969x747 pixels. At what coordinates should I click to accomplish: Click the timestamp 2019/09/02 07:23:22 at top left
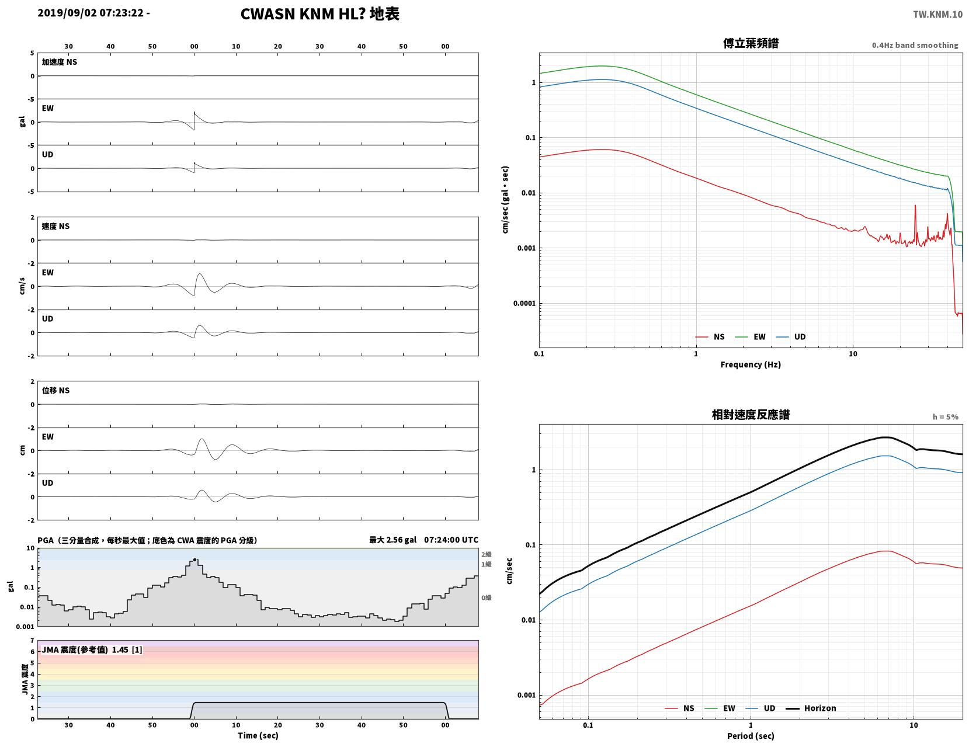click(x=91, y=13)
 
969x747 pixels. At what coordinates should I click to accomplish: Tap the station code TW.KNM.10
click(x=937, y=15)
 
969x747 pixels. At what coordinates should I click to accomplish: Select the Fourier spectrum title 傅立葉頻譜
click(x=751, y=43)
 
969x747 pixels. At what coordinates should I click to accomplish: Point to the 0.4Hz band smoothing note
click(x=915, y=45)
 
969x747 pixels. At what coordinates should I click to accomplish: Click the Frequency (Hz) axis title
click(x=750, y=364)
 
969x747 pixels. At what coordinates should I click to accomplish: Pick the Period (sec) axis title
click(x=750, y=736)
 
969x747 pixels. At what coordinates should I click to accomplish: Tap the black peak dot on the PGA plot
click(x=195, y=560)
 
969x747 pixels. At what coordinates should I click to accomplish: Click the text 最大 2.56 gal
click(x=393, y=540)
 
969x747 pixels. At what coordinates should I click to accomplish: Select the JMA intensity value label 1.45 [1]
click(x=127, y=650)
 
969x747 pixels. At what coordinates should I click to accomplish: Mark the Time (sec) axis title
click(x=258, y=736)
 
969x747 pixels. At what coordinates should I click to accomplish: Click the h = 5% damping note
click(x=945, y=417)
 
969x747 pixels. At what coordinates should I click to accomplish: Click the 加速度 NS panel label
click(x=60, y=62)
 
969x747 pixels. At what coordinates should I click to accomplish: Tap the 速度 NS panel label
click(x=55, y=226)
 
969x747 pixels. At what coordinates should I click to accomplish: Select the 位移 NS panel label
click(x=55, y=390)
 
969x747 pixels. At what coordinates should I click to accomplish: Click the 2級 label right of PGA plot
click(x=486, y=554)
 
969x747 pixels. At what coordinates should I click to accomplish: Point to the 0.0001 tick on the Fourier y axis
click(x=523, y=304)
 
